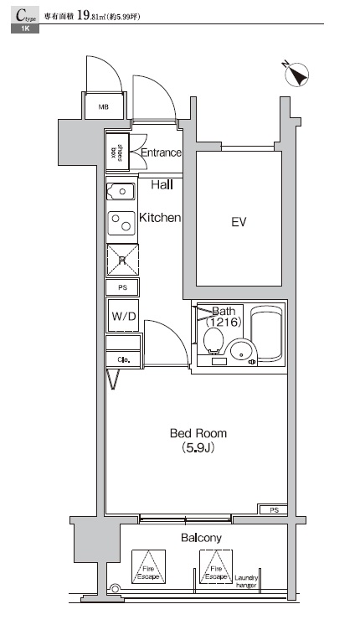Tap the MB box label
(x=104, y=107)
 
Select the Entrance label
(x=161, y=152)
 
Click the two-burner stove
(x=122, y=224)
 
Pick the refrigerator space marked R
(x=122, y=260)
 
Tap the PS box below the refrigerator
(x=122, y=287)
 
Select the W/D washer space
(x=122, y=316)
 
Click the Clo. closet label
(x=122, y=360)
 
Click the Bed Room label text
(x=198, y=433)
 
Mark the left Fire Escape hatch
(x=148, y=567)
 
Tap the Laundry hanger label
(x=247, y=580)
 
